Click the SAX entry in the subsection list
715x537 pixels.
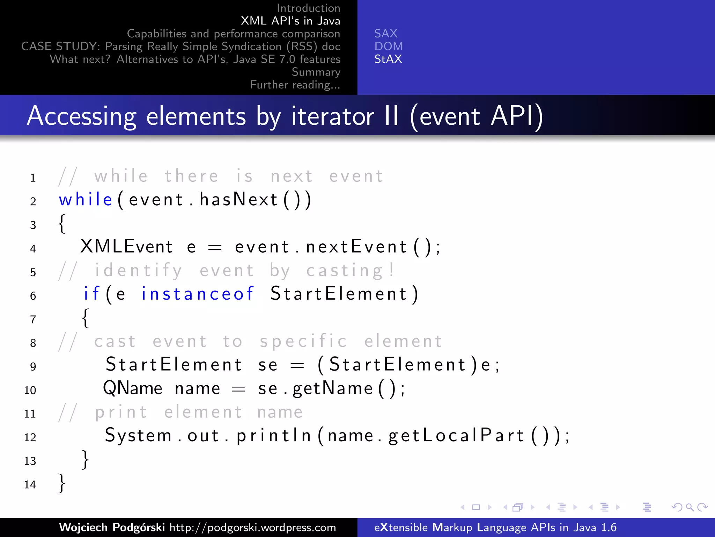point(386,34)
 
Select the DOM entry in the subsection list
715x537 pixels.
point(389,46)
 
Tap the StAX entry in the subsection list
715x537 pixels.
point(388,59)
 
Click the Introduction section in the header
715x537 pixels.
point(308,8)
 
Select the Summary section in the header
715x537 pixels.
point(316,72)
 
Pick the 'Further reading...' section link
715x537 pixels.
point(295,85)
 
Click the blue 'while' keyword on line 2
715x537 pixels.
point(86,200)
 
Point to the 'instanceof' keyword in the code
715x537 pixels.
point(198,294)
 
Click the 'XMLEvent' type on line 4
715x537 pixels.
point(127,246)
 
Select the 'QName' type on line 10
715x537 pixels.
point(133,388)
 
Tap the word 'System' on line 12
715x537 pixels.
point(138,436)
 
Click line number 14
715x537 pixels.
point(30,485)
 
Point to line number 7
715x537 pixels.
point(33,320)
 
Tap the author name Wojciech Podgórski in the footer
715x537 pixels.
point(112,527)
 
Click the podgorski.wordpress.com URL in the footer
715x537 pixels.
point(253,527)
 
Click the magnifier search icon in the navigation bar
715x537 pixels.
point(690,507)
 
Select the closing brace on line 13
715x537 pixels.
point(85,459)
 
